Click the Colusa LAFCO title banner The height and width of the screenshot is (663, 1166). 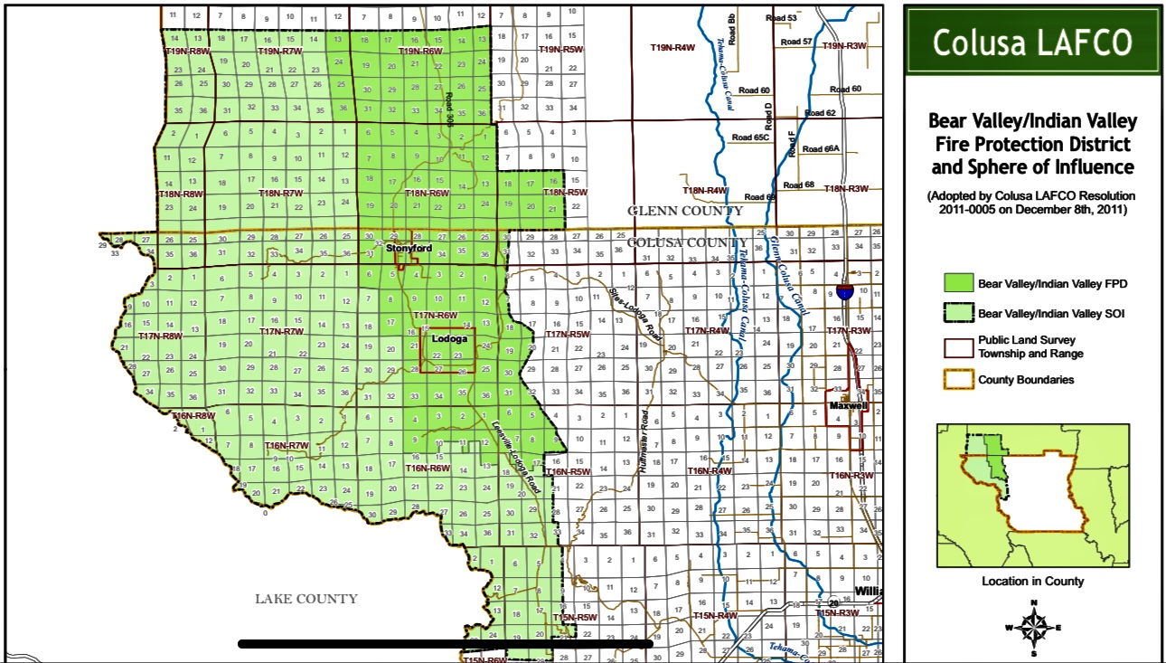click(1033, 43)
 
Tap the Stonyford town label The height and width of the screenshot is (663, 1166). click(409, 248)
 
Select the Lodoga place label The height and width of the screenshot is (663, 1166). click(449, 339)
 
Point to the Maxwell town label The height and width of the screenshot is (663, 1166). click(848, 406)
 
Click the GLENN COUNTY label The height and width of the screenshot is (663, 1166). click(685, 211)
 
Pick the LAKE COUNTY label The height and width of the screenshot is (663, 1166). click(306, 599)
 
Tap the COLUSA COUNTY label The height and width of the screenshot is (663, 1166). click(687, 242)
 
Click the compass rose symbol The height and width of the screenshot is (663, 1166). click(1032, 626)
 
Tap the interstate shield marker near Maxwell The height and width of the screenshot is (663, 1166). click(844, 291)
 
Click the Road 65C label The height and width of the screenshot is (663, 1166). click(750, 137)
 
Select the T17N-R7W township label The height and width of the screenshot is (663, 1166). click(282, 332)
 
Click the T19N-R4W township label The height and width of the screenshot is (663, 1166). click(672, 47)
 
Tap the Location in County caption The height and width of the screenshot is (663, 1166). click(1032, 581)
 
